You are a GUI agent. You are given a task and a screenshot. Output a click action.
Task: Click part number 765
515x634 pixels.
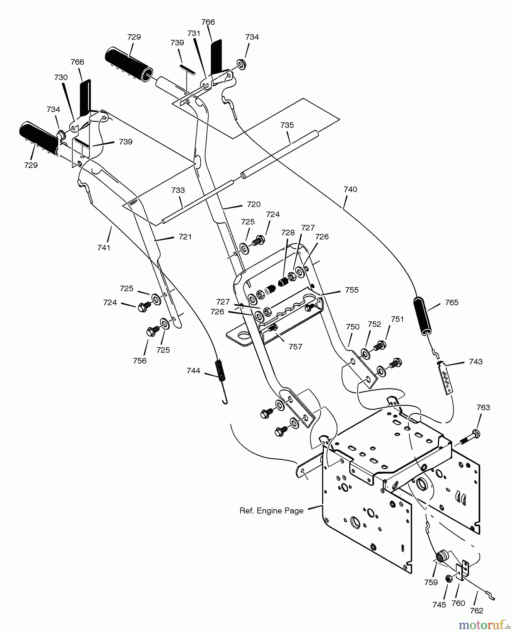pyautogui.click(x=452, y=303)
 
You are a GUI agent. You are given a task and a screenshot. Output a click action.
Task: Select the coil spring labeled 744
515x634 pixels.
pyautogui.click(x=221, y=370)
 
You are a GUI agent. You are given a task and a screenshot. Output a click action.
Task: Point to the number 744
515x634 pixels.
pyautogui.click(x=193, y=371)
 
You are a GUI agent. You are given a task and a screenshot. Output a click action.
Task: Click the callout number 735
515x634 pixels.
pyautogui.click(x=287, y=125)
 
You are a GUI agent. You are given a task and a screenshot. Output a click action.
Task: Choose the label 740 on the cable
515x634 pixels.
pyautogui.click(x=350, y=189)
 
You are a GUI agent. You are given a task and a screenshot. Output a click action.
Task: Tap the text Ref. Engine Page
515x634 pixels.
pyautogui.click(x=271, y=511)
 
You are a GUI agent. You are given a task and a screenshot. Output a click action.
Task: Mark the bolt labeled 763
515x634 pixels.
pyautogui.click(x=470, y=437)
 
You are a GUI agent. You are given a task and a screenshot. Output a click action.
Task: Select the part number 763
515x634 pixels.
pyautogui.click(x=483, y=408)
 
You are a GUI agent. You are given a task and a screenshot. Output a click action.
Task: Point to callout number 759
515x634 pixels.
pyautogui.click(x=431, y=582)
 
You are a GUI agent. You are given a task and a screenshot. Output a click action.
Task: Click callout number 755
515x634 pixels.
pyautogui.click(x=352, y=290)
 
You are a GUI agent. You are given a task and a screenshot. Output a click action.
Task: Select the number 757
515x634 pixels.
pyautogui.click(x=295, y=347)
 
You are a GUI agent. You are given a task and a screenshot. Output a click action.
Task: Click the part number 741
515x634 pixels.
pyautogui.click(x=104, y=248)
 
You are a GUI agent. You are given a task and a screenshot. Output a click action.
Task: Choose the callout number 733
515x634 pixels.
pyautogui.click(x=178, y=191)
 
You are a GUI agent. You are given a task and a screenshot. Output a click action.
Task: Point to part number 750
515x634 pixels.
pyautogui.click(x=352, y=327)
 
